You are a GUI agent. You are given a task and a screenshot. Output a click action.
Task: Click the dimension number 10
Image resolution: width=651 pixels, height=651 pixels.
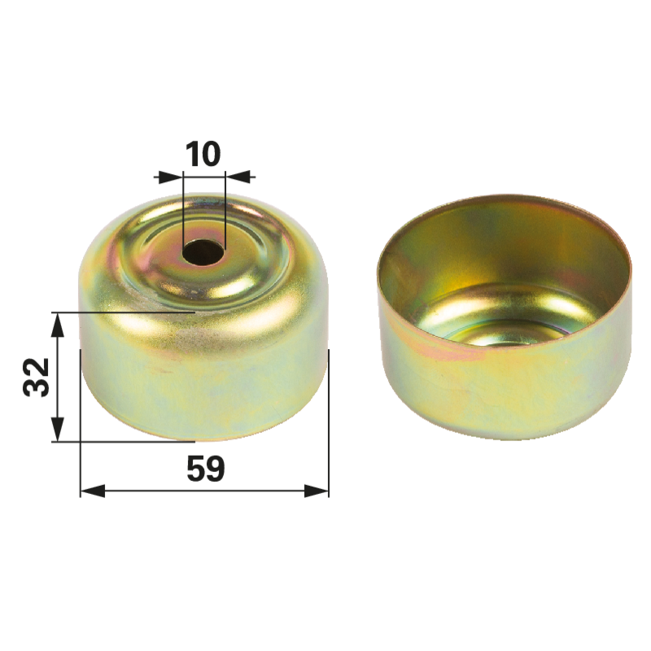pyautogui.click(x=203, y=154)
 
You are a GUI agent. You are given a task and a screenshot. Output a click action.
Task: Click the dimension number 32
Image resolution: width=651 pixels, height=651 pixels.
pyautogui.click(x=36, y=377)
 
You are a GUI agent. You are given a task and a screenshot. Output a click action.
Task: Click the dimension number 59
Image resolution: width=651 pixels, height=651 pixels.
pyautogui.click(x=206, y=469)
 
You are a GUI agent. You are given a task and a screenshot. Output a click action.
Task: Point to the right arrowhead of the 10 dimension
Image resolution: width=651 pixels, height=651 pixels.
pyautogui.click(x=238, y=177)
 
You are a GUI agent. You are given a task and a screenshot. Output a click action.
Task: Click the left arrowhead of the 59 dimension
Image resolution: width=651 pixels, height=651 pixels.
pyautogui.click(x=93, y=492)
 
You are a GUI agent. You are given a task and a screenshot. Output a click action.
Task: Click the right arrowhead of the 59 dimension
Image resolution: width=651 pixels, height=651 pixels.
pyautogui.click(x=317, y=492)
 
